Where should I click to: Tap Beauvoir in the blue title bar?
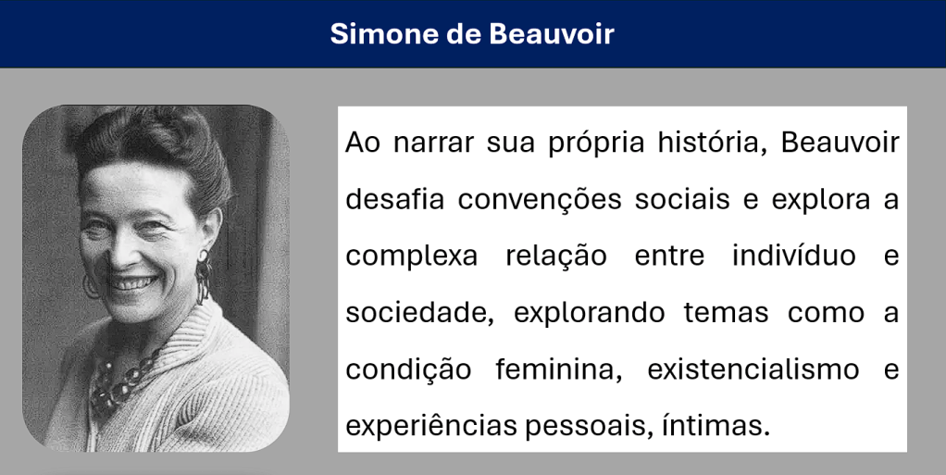(552, 34)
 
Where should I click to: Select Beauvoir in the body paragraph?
(840, 143)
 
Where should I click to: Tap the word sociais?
(682, 200)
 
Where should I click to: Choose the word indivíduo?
(794, 256)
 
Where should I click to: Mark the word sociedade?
(419, 314)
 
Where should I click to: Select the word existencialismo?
(753, 369)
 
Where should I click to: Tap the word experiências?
(430, 427)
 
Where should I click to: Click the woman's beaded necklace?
(120, 386)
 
